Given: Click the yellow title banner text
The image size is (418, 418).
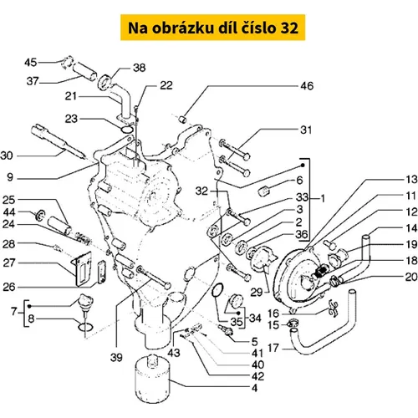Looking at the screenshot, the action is coord(213,28).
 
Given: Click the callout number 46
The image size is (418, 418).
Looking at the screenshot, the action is coord(307,86).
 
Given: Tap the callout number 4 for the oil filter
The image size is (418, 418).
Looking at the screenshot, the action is coord(254,388).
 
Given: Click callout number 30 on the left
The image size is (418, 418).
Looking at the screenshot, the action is coord(7,155).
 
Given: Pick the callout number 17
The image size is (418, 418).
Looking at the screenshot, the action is coord(273,348).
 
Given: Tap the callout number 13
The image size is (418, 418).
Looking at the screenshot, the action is coord(411,180).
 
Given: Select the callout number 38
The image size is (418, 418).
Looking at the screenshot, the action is coord(139,68).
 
